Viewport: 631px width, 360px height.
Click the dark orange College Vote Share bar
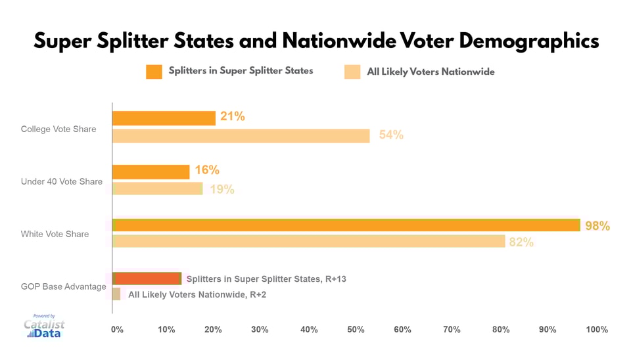point(164,118)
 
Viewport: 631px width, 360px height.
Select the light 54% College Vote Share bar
point(241,136)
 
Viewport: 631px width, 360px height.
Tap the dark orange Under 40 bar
point(151,171)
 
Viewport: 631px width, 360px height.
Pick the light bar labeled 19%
point(158,189)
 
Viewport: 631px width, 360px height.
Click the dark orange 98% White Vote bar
point(346,225)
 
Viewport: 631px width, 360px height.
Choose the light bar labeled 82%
point(308,241)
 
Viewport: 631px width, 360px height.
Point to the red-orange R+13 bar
point(147,279)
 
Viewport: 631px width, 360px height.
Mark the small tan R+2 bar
point(116,294)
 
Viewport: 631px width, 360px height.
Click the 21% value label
point(233,117)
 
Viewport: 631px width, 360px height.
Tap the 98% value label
point(597,226)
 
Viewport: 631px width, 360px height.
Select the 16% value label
point(207,170)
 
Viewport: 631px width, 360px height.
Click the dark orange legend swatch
point(154,72)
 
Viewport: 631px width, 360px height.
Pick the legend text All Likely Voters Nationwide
point(431,72)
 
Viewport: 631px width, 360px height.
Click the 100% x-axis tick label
point(597,329)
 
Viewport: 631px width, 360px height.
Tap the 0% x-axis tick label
point(116,329)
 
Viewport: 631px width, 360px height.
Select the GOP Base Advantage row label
point(64,286)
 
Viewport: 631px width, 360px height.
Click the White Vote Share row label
point(55,234)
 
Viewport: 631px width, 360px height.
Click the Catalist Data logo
point(44,326)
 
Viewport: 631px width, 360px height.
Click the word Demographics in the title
point(529,41)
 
